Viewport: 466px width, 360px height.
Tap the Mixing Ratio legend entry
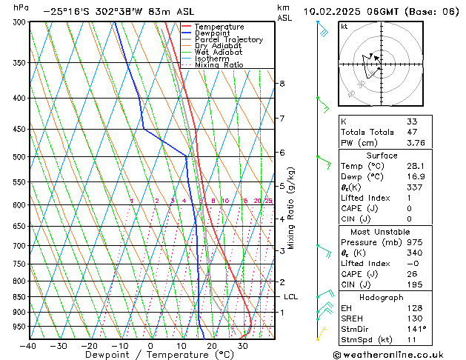pyautogui.click(x=219, y=65)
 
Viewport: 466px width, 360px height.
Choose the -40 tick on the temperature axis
pyautogui.click(x=28, y=345)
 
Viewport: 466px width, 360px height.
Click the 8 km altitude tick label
pyautogui.click(x=282, y=84)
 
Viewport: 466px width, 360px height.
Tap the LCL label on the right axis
pyautogui.click(x=290, y=296)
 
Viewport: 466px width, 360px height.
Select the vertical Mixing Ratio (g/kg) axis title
pyautogui.click(x=292, y=208)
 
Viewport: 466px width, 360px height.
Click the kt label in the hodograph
pyautogui.click(x=344, y=27)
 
